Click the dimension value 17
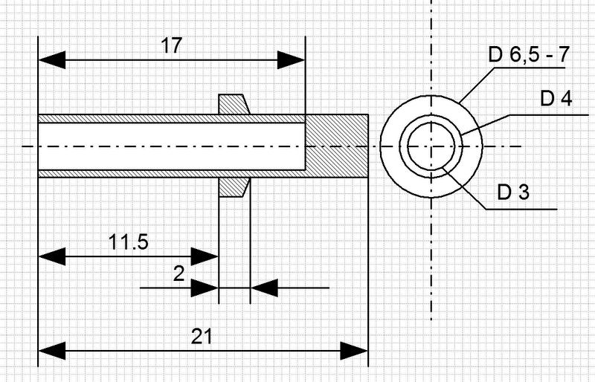(x=172, y=45)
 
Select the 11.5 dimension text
(x=128, y=242)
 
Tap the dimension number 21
(x=202, y=336)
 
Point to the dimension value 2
(x=178, y=273)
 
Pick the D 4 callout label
(x=556, y=99)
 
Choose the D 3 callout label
(x=513, y=192)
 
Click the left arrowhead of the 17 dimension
(x=52, y=60)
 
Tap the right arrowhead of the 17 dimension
(x=291, y=60)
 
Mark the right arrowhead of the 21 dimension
(x=354, y=351)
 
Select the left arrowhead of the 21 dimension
(x=52, y=351)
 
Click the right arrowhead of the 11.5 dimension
(x=205, y=257)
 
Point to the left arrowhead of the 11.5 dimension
(x=52, y=257)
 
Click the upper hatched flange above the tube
(x=233, y=104)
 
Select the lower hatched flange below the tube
(x=233, y=187)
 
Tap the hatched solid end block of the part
(x=337, y=146)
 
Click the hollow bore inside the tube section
(x=172, y=146)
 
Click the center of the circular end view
(x=431, y=146)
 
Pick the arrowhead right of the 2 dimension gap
(x=264, y=288)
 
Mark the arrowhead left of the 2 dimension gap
(x=205, y=288)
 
